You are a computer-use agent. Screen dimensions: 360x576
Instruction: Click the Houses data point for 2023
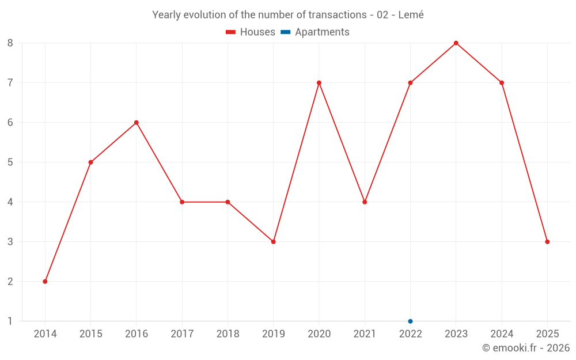(x=456, y=43)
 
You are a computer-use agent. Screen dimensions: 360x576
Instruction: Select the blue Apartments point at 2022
(x=410, y=321)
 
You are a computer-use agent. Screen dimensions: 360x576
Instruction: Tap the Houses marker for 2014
(x=45, y=281)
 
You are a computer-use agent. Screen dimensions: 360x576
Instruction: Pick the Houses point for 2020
(x=319, y=83)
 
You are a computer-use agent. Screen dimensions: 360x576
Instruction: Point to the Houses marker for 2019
(x=273, y=241)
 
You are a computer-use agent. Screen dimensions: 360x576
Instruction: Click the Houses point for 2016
(x=137, y=123)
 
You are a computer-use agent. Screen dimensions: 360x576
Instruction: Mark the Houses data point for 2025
(x=547, y=241)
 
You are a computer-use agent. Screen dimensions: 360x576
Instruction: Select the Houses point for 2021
(x=365, y=202)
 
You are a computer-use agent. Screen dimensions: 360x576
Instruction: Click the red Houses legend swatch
(x=230, y=32)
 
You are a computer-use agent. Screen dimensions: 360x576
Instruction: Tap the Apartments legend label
(x=322, y=32)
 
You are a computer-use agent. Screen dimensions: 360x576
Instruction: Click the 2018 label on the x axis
(x=228, y=334)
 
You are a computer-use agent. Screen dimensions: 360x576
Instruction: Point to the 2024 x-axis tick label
(x=502, y=334)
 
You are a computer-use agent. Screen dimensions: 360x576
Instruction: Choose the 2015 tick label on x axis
(x=90, y=334)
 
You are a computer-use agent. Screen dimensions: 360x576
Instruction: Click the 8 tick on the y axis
(x=10, y=43)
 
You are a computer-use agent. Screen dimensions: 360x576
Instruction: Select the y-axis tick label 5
(x=10, y=162)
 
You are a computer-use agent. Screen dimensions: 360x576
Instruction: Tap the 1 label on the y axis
(x=10, y=321)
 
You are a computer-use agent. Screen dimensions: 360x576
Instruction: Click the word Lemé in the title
(x=411, y=15)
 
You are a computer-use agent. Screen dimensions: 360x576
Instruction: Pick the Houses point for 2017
(x=182, y=202)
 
